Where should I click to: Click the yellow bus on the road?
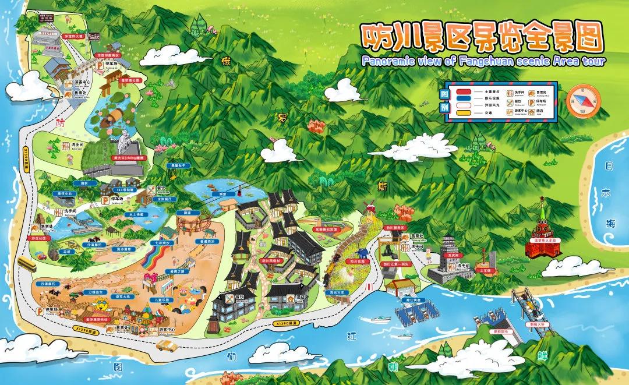27,265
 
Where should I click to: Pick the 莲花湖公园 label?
132,81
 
